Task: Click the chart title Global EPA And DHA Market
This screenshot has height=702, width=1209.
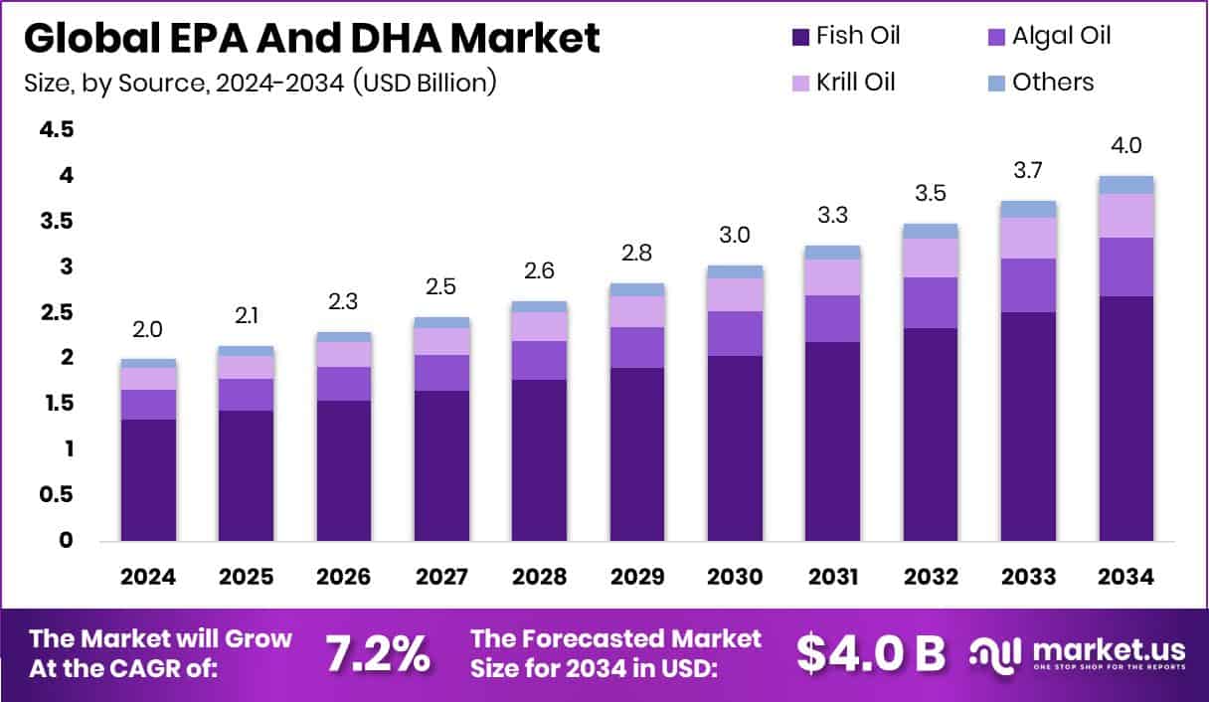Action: [311, 38]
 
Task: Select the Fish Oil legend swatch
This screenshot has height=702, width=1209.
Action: [798, 37]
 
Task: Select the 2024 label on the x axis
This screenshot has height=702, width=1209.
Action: [148, 578]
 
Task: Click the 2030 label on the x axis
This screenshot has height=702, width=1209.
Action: [735, 578]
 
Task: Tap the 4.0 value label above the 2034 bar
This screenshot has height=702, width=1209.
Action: [1125, 145]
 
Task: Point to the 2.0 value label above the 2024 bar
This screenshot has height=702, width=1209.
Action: [148, 329]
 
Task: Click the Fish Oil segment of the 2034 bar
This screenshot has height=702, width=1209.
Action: [1125, 418]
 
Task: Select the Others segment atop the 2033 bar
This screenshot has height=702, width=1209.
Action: [1028, 209]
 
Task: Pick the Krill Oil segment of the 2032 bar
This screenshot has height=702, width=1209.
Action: [931, 258]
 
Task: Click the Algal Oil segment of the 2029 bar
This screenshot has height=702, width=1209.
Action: [637, 347]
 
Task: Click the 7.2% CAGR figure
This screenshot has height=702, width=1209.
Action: [378, 652]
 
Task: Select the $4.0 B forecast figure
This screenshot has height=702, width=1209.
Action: [870, 652]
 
